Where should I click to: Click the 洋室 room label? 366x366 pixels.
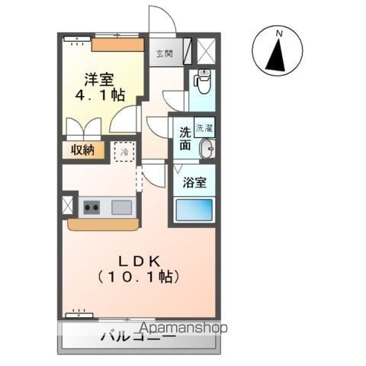[99, 79]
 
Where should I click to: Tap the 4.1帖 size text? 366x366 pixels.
[99, 95]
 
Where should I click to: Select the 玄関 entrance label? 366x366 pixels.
[165, 53]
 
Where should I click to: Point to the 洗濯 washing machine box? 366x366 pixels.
[204, 127]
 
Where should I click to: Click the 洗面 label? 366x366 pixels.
[185, 138]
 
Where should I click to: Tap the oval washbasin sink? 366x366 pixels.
[207, 149]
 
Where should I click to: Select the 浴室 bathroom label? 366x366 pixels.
[194, 182]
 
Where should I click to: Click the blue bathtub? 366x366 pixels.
[194, 210]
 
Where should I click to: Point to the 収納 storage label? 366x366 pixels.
[82, 150]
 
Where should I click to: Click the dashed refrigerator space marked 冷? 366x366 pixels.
[124, 152]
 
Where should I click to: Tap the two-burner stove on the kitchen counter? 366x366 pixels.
[91, 207]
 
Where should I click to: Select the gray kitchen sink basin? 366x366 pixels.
[122, 207]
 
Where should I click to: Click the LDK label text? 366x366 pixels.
[140, 261]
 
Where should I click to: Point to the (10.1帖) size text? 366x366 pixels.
[139, 277]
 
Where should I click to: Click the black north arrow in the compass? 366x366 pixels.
[276, 54]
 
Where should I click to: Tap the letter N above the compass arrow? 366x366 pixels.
[280, 33]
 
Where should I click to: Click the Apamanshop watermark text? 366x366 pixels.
[184, 328]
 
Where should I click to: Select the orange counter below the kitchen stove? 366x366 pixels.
[104, 225]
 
